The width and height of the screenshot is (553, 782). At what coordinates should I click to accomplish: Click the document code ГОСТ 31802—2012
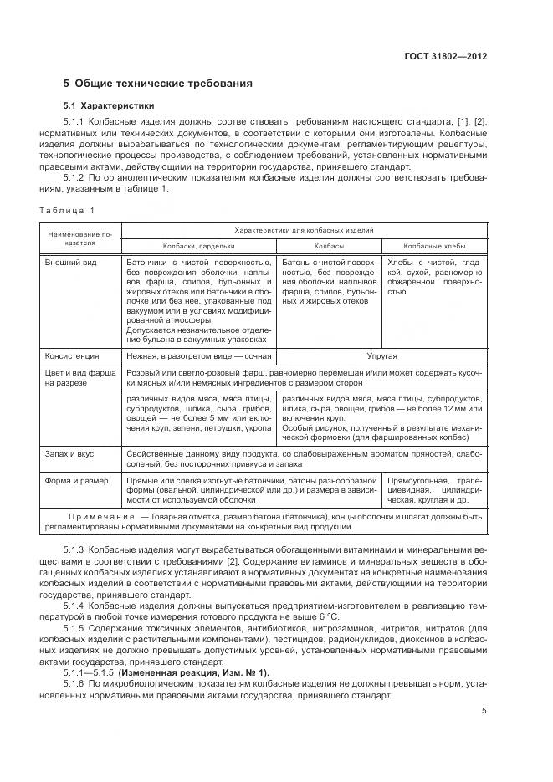pos(443,57)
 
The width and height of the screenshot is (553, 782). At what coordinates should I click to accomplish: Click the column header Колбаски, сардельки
pos(198,247)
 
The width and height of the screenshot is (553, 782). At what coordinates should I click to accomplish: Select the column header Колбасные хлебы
pos(434,247)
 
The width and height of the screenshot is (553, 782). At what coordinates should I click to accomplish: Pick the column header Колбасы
pos(329,247)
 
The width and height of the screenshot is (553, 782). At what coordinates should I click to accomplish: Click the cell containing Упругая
pos(381,355)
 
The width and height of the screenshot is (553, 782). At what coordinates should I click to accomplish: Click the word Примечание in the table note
pos(98,517)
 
